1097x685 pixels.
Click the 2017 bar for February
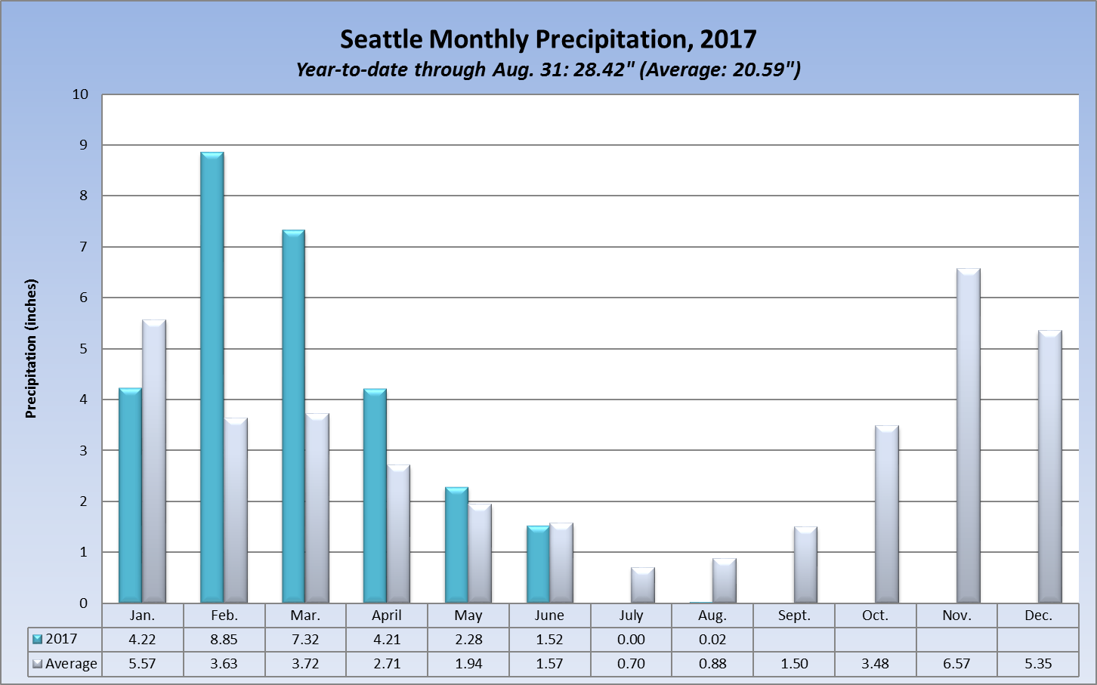click(x=212, y=378)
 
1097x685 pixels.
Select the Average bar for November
click(x=968, y=436)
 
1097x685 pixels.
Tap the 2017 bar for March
click(x=294, y=416)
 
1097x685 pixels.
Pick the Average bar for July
click(x=642, y=585)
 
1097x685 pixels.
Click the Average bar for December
click(x=1049, y=467)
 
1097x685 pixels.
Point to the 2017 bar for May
click(x=456, y=545)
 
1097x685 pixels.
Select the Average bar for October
click(x=886, y=514)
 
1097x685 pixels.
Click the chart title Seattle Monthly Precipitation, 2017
click(x=548, y=39)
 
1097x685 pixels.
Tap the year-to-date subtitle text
click(x=548, y=69)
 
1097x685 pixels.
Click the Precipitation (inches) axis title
click(x=31, y=348)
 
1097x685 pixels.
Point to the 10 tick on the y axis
click(x=80, y=94)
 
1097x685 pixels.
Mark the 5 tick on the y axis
click(x=84, y=349)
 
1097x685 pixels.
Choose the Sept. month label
click(x=794, y=616)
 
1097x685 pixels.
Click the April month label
click(x=387, y=616)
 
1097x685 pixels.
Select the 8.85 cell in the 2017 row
click(x=224, y=640)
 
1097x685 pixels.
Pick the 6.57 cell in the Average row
click(x=956, y=664)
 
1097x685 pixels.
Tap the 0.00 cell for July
click(x=631, y=640)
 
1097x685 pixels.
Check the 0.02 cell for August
click(x=712, y=640)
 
